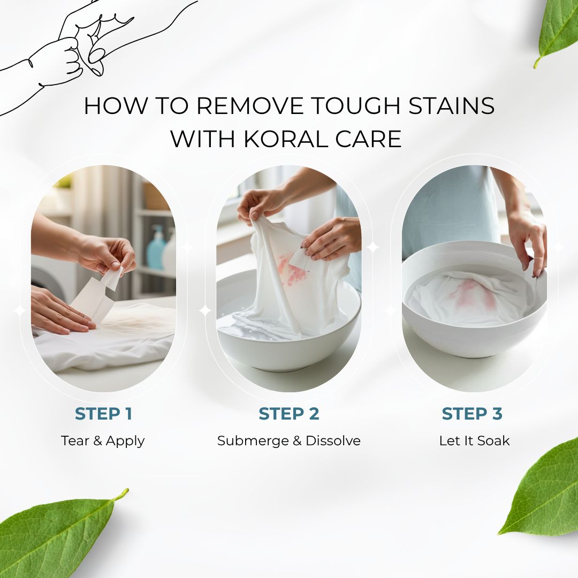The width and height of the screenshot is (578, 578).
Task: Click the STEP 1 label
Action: [x=103, y=414]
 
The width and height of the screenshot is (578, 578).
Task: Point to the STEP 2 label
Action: [x=288, y=414]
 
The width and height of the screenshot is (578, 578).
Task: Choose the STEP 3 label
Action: [x=472, y=414]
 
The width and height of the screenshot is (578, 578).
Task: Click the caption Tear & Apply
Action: [x=103, y=441]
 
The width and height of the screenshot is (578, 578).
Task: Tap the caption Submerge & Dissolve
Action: [x=288, y=441]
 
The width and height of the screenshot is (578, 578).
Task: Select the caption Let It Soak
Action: [x=474, y=441]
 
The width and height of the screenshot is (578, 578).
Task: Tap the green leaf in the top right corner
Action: [x=557, y=32]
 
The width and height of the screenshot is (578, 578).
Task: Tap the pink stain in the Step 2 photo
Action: [x=291, y=268]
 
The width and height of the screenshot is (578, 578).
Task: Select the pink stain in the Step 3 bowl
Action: [x=473, y=294]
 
